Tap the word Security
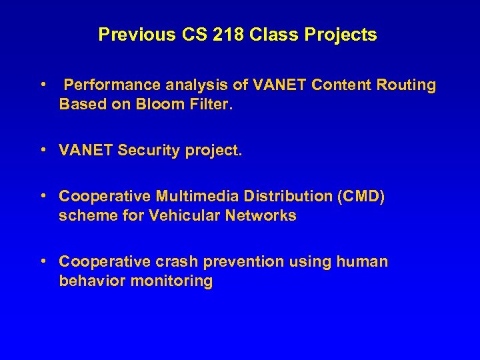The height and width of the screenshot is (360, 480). [x=149, y=151]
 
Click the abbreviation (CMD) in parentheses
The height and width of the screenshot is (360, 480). [x=363, y=197]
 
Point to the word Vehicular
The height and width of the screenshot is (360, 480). [x=181, y=216]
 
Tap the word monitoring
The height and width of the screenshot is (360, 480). [x=174, y=281]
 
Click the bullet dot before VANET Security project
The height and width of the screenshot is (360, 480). [x=43, y=151]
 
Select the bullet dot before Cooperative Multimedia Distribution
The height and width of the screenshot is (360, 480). [x=43, y=197]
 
